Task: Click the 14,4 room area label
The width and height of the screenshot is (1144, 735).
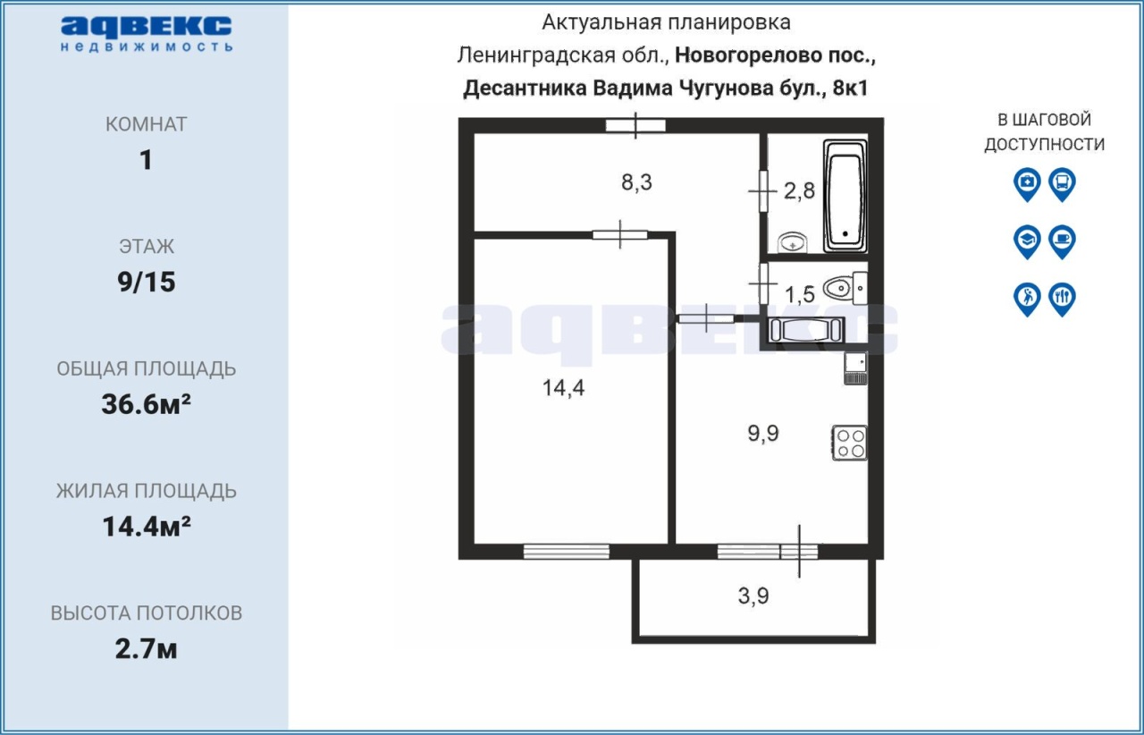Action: [563, 388]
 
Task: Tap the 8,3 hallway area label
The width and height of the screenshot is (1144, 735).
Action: [637, 182]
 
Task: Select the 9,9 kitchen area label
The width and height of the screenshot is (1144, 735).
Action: [763, 434]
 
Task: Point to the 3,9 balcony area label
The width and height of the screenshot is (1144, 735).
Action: [753, 596]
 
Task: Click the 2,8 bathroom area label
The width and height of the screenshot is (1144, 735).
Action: [799, 190]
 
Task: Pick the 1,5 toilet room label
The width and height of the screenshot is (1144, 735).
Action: [799, 294]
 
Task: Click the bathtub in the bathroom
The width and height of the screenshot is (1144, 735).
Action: [845, 197]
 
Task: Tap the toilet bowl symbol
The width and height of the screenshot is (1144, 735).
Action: [845, 288]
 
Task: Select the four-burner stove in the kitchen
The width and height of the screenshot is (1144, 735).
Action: [850, 444]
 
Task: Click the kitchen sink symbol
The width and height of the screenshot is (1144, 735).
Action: [855, 368]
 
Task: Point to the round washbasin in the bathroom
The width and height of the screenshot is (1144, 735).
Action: [793, 243]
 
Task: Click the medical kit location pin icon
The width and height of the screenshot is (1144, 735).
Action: [1027, 184]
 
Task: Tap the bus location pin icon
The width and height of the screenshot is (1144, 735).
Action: [1063, 184]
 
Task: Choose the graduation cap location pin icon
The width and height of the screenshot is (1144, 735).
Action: [1027, 241]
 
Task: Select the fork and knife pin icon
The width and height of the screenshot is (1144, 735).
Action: [1063, 300]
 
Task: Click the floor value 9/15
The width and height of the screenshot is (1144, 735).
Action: [147, 282]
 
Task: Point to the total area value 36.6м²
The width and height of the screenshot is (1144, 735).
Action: [146, 404]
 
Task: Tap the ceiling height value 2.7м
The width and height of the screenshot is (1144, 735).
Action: [146, 649]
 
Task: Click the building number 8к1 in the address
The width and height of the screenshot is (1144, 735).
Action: [850, 88]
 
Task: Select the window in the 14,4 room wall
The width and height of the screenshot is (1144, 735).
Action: [567, 552]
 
